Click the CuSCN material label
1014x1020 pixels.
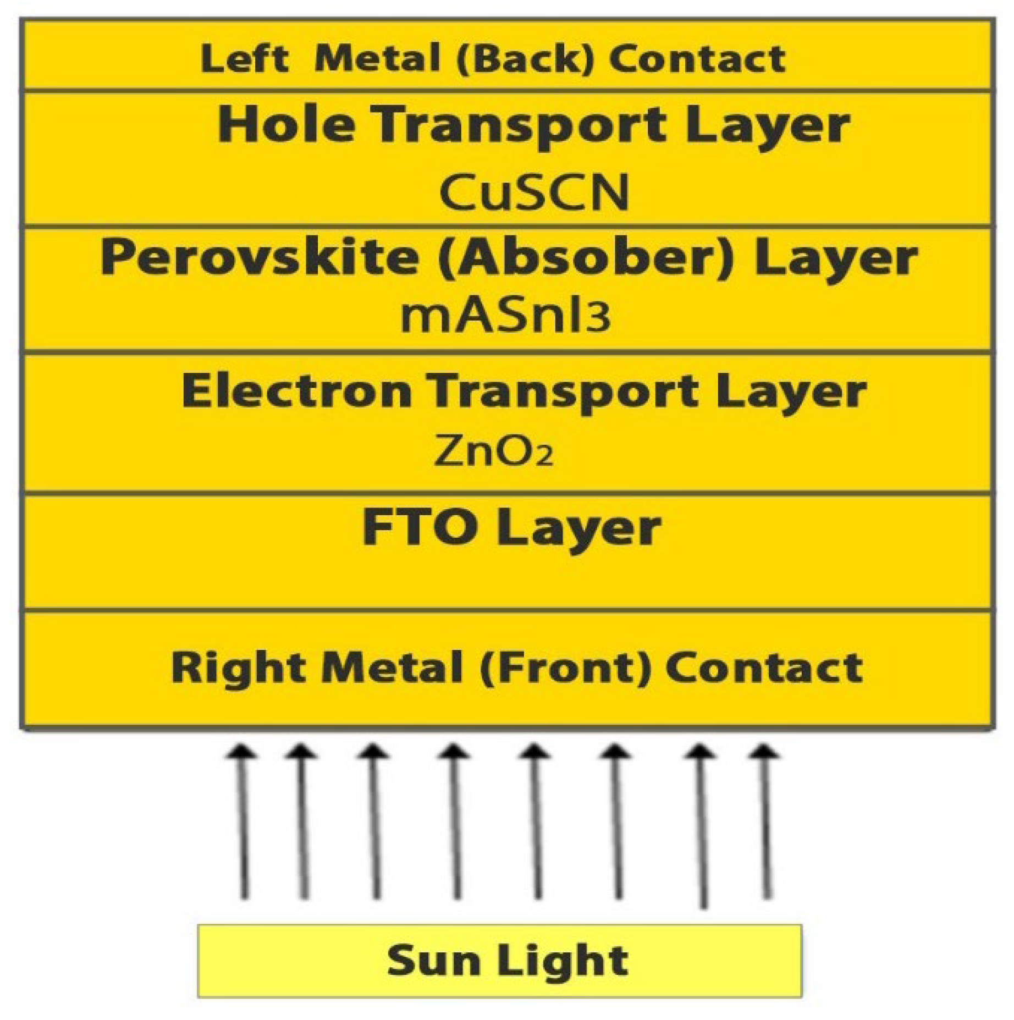533,192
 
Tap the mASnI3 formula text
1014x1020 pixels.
505,317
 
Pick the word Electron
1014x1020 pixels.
297,390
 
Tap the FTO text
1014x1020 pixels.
420,527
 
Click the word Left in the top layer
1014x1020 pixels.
244,58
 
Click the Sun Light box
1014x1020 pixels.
499,960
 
